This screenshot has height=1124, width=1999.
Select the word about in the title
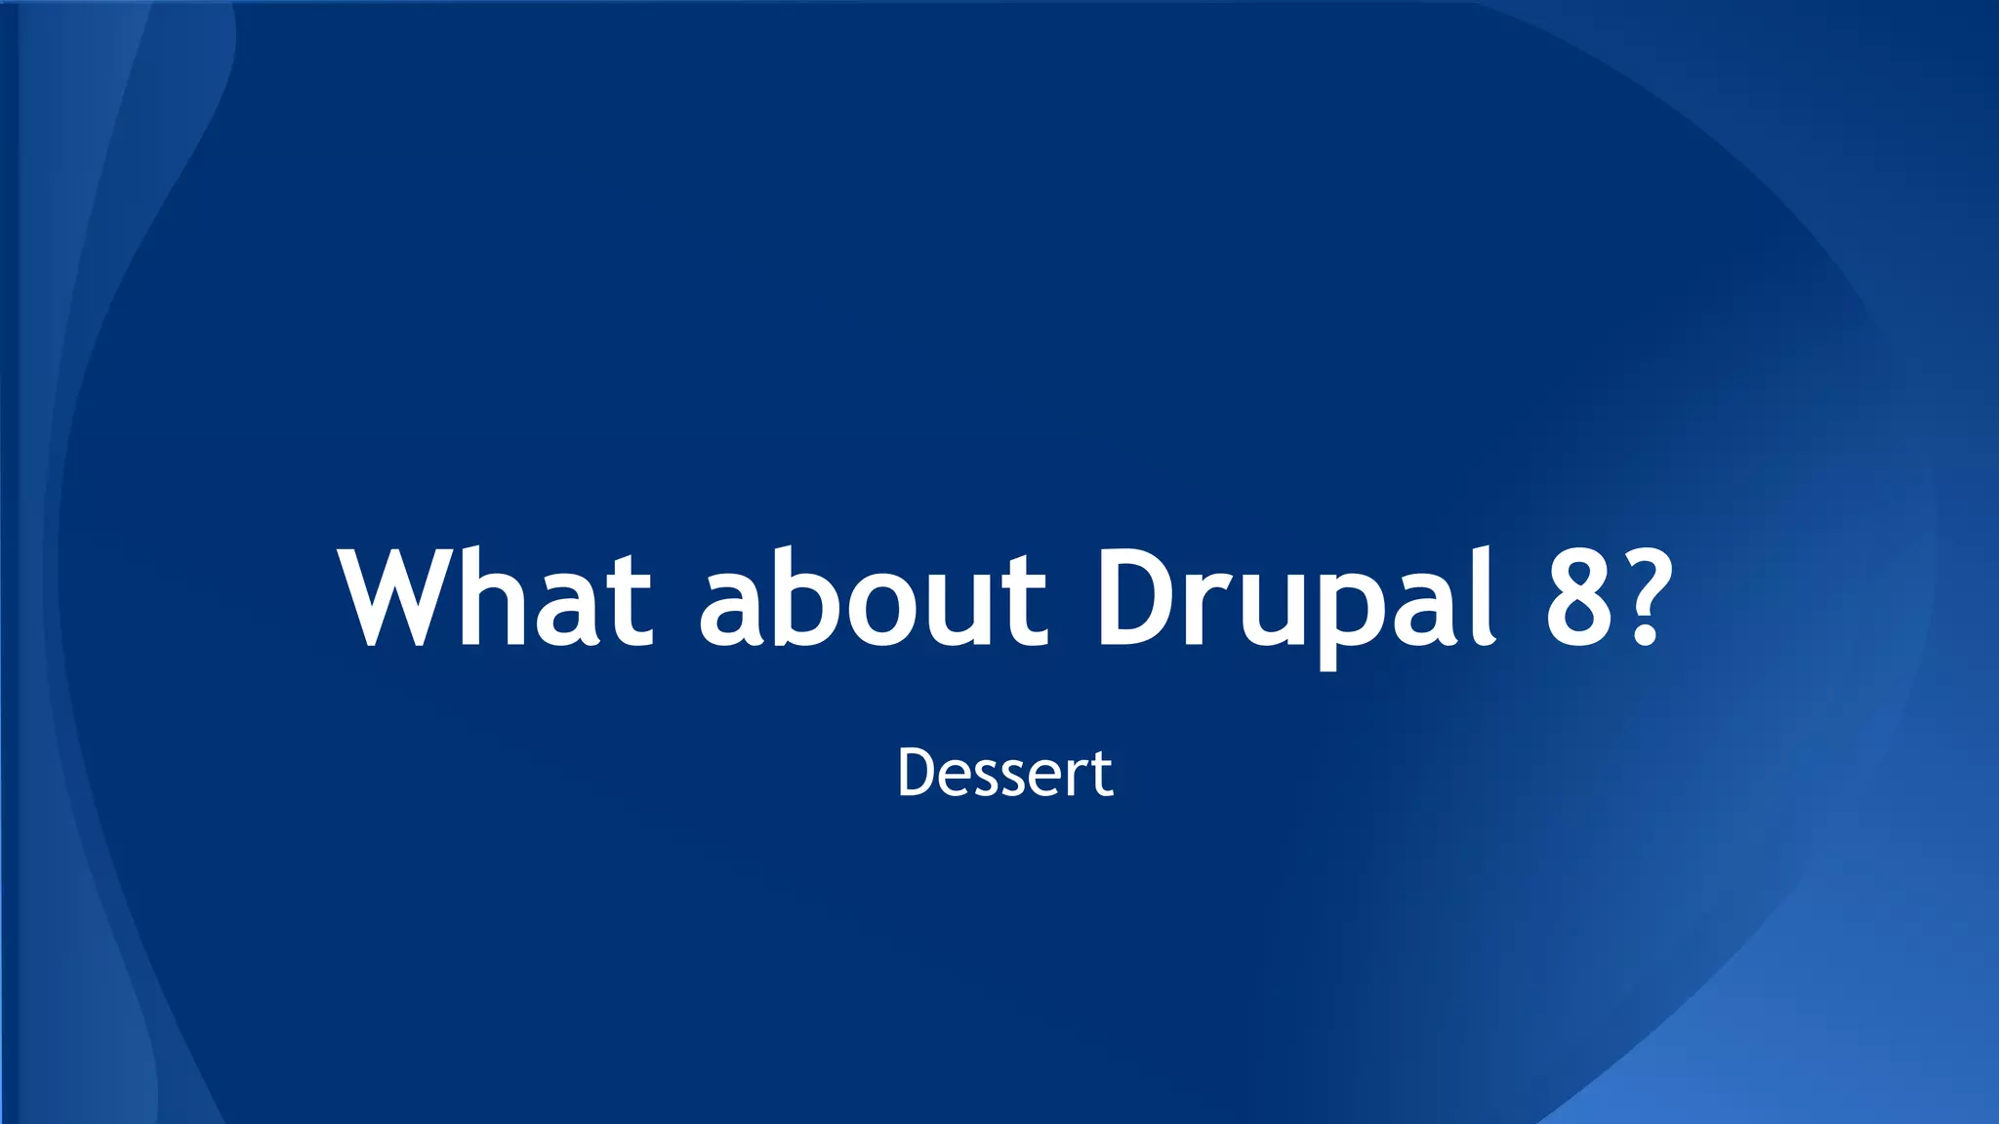873,597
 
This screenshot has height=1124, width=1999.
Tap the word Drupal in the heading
1294,597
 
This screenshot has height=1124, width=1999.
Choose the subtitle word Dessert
1004,773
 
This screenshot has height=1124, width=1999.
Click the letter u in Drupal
1267,611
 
